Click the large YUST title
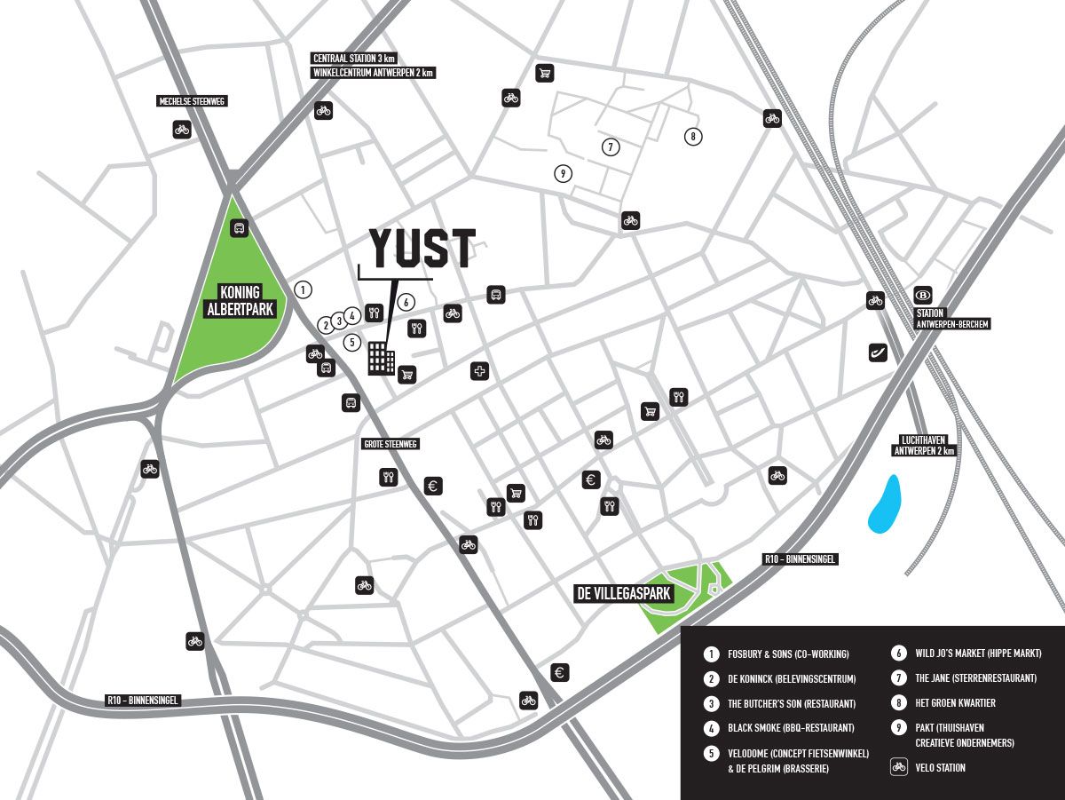[x=422, y=249]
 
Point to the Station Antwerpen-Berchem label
[x=951, y=319]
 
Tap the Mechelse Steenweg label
[x=192, y=102]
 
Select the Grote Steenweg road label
[x=390, y=444]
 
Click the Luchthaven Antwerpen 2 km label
[x=924, y=445]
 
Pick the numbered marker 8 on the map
[x=692, y=136]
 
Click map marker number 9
[x=563, y=174]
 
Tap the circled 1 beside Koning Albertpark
[x=304, y=289]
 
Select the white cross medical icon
[x=480, y=371]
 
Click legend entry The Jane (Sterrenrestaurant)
[x=975, y=678]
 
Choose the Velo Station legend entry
[x=940, y=767]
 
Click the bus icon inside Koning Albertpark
[x=239, y=228]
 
